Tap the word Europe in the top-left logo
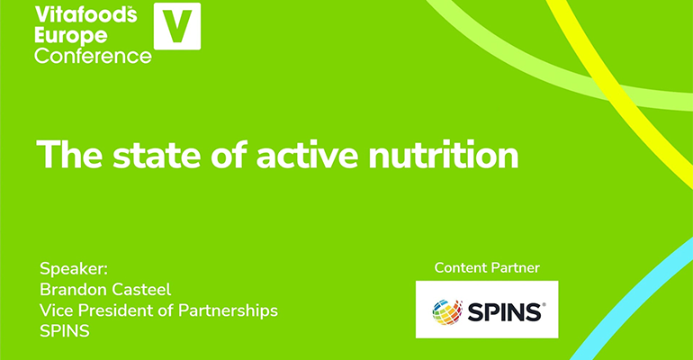71,35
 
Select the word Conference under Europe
93,55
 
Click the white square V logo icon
177,26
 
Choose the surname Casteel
144,289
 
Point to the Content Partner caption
486,267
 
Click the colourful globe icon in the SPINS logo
446,311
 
